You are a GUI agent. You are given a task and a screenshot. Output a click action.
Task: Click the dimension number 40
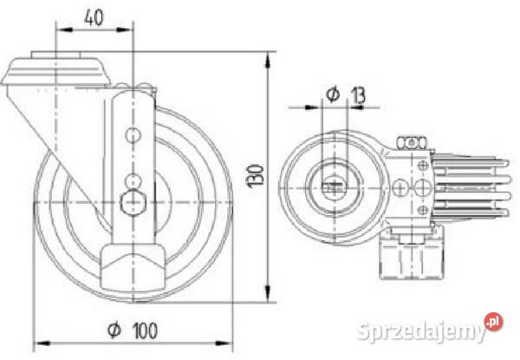tap(94, 17)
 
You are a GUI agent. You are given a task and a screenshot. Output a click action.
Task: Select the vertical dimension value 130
tap(257, 176)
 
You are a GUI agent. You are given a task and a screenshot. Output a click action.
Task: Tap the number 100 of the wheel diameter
tap(145, 331)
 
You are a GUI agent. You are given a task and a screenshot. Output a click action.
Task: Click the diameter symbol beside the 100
tap(114, 331)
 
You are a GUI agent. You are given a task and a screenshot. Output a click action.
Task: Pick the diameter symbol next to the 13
tap(333, 95)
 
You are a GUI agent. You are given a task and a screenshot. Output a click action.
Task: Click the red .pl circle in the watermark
tap(493, 322)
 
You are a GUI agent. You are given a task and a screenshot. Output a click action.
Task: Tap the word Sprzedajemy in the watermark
tap(421, 331)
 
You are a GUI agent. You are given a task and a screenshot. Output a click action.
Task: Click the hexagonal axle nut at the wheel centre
tap(133, 202)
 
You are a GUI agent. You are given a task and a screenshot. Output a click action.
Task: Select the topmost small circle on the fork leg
tap(133, 135)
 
